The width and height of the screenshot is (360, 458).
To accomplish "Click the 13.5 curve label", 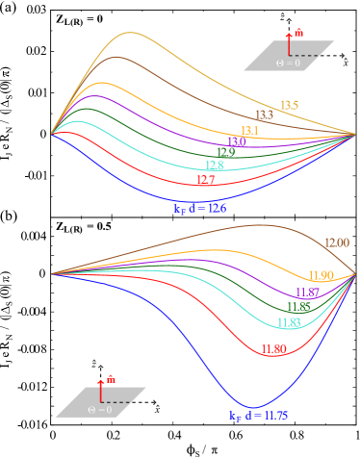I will [x=289, y=105].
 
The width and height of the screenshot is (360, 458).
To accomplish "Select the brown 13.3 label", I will [x=264, y=115].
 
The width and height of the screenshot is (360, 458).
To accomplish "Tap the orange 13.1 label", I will [x=249, y=131].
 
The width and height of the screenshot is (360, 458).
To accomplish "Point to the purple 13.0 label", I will [x=237, y=141].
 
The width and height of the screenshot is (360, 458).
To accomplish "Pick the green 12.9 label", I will [x=225, y=152].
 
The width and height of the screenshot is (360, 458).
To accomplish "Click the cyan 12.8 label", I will [x=214, y=165].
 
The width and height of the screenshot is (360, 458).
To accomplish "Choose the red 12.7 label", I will [x=205, y=180].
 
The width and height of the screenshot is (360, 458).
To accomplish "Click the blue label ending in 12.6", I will [x=199, y=208].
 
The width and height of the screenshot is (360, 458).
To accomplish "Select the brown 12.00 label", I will [x=336, y=243].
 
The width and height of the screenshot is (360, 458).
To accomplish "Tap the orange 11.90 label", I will [x=321, y=276].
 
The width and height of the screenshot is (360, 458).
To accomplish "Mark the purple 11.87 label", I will [x=307, y=293].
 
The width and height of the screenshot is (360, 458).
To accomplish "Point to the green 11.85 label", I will [x=298, y=307].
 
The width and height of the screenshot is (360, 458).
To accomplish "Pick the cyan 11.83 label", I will [x=289, y=322].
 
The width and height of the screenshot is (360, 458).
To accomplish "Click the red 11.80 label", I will [x=273, y=349].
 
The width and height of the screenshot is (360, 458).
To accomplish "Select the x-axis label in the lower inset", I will [x=157, y=410].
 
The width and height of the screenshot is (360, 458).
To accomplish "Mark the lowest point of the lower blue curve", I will [x=252, y=406].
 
